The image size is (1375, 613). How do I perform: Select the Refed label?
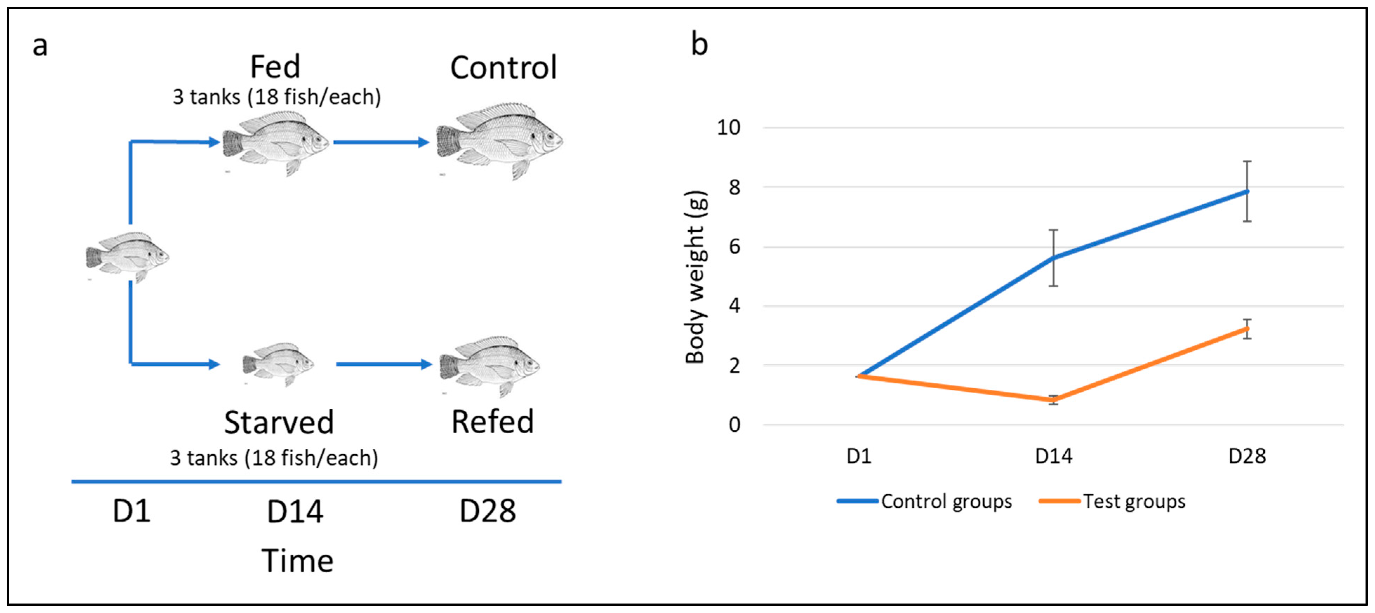[492, 422]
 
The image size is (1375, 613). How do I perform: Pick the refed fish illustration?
[489, 366]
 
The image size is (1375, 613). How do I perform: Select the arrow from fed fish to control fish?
[381, 142]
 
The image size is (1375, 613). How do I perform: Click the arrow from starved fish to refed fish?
[383, 364]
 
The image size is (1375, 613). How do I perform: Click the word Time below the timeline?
[297, 561]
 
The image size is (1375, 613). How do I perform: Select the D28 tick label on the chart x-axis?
[1247, 456]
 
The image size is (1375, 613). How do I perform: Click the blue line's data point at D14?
[1053, 258]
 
